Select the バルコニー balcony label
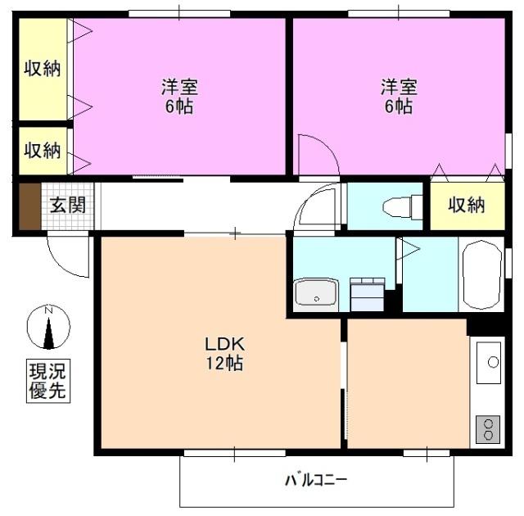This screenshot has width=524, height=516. [315, 479]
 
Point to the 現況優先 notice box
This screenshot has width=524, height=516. [47, 381]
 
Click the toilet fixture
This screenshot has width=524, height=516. [400, 207]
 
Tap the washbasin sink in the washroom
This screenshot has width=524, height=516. [316, 292]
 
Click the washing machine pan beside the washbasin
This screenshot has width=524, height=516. [366, 293]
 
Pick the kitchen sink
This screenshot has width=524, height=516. [490, 361]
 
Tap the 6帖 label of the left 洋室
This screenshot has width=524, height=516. [178, 106]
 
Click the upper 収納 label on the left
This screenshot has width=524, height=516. [42, 69]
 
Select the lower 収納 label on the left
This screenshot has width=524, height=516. [42, 151]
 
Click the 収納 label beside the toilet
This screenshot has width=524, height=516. [466, 205]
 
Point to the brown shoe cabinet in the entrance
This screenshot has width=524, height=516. [29, 206]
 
